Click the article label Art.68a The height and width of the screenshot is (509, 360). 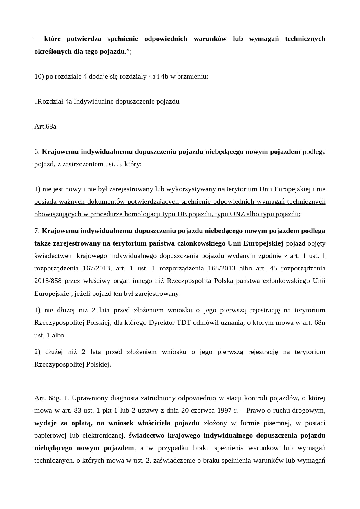tap(45, 126)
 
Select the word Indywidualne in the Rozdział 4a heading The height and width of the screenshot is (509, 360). tap(94, 101)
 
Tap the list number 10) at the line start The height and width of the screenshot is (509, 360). tap(39, 77)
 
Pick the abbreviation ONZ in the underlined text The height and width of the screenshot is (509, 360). tap(237, 214)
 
